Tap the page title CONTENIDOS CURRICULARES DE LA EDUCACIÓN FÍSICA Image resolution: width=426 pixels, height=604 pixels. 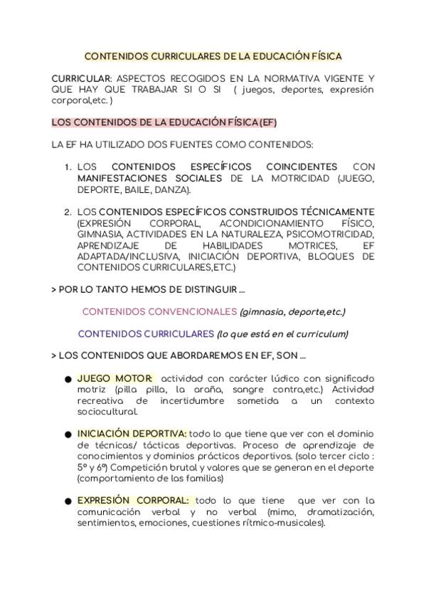click(213, 56)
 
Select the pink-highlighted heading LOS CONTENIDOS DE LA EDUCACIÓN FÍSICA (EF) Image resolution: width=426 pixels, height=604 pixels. click(164, 122)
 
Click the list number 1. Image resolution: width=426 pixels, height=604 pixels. click(68, 167)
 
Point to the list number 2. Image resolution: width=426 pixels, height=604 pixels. click(68, 212)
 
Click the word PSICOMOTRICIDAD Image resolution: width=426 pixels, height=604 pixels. click(335, 234)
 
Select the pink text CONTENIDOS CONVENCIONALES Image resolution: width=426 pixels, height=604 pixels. click(159, 311)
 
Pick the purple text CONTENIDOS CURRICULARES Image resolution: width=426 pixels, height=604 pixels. click(146, 333)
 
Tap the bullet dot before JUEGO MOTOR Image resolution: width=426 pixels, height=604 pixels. click(67, 380)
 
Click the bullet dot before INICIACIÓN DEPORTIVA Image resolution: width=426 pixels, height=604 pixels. click(67, 434)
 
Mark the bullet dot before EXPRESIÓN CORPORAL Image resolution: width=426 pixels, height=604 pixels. click(67, 501)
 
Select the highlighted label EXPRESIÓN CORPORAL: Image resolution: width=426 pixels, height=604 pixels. click(133, 501)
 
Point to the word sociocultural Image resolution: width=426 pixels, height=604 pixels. click(107, 412)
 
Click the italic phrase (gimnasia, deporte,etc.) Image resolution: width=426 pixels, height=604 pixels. click(292, 311)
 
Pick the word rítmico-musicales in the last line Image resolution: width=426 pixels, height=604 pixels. click(284, 523)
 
